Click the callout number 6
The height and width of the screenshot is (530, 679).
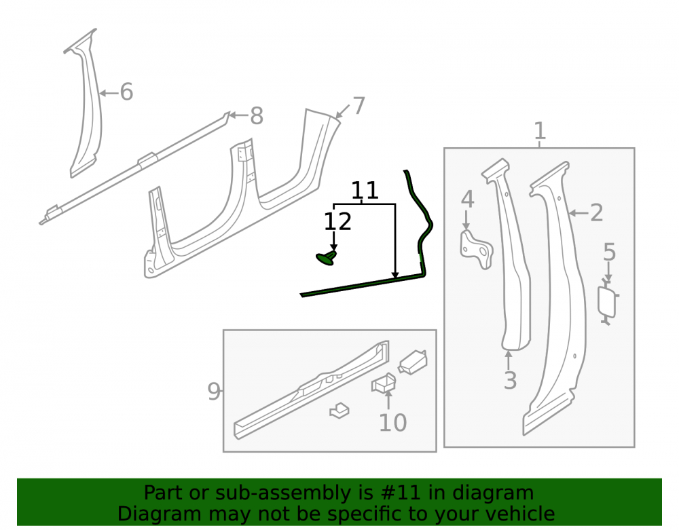(x=126, y=92)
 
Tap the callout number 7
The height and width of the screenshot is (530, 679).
(x=359, y=106)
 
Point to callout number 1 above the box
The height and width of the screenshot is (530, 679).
(x=540, y=131)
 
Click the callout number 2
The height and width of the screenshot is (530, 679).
(x=596, y=212)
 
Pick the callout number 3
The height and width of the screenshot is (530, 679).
(x=510, y=380)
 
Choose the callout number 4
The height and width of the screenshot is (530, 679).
(x=467, y=199)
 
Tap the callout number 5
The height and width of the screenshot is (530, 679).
(x=609, y=252)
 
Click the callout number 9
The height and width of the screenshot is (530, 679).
(x=214, y=391)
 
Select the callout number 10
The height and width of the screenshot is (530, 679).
(x=392, y=422)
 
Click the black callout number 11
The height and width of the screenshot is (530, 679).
(x=365, y=191)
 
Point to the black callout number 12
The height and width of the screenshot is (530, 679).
(x=337, y=221)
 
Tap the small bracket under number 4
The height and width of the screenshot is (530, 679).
(x=475, y=250)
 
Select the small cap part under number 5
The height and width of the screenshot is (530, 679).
(x=607, y=303)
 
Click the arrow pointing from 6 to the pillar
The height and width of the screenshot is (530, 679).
(x=109, y=92)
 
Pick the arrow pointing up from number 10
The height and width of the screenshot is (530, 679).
(x=388, y=399)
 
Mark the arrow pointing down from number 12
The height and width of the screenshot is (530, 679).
(x=333, y=241)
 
